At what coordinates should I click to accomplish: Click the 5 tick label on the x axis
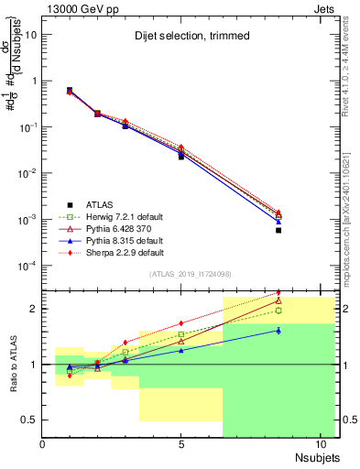pos(181,445)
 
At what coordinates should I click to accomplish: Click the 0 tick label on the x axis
pos(43,445)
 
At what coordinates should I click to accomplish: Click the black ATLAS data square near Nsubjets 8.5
pos(278,230)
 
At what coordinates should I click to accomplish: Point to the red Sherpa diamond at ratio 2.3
pos(278,293)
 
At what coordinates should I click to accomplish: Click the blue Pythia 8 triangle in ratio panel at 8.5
pos(278,330)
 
